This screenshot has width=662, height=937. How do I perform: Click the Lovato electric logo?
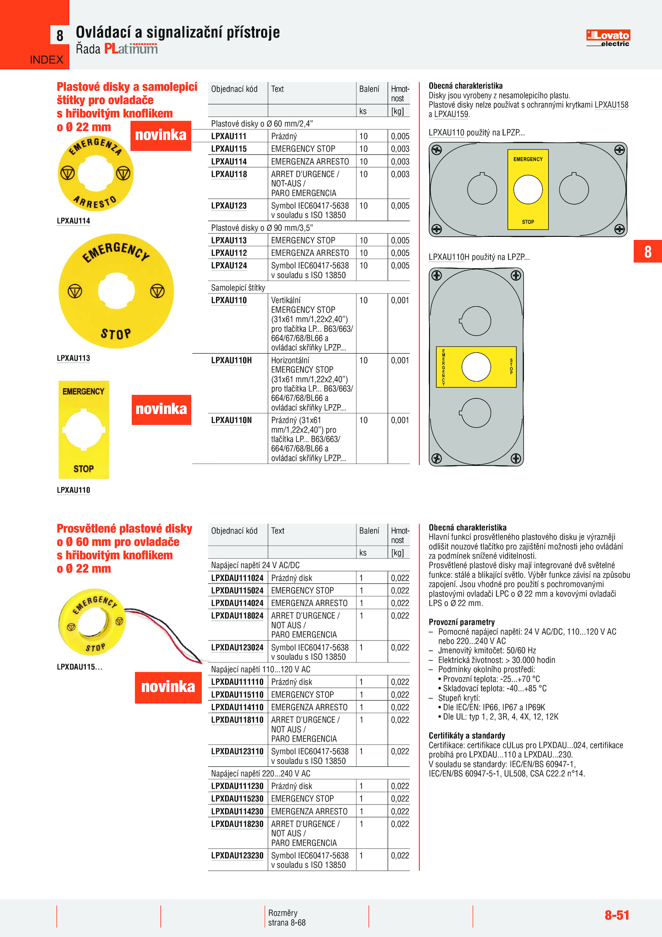608,38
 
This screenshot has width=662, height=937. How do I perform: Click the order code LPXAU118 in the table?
229,174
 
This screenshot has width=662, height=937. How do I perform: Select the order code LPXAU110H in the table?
231,360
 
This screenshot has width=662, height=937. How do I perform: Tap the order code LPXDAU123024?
237,647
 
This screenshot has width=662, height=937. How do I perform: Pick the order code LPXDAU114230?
237,811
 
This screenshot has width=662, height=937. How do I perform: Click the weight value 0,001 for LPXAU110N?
400,420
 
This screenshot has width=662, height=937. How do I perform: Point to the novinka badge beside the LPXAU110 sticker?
161,409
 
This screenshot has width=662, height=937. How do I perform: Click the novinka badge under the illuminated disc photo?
168,687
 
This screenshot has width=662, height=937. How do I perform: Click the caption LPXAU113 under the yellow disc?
73,358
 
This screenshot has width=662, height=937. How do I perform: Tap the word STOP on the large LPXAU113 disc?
116,333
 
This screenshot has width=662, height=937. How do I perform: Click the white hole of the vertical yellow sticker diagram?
528,190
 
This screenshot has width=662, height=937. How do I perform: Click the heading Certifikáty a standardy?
467,735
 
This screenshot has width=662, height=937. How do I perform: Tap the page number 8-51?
616,915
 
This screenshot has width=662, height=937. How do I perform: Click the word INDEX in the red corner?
46,60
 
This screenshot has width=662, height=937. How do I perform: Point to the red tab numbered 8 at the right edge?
648,251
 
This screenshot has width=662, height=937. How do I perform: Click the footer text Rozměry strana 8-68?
287,918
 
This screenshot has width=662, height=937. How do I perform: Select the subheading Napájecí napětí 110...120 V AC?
260,670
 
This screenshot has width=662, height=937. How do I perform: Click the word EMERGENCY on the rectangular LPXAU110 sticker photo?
84,391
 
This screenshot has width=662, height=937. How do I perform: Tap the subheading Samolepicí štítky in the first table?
238,288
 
